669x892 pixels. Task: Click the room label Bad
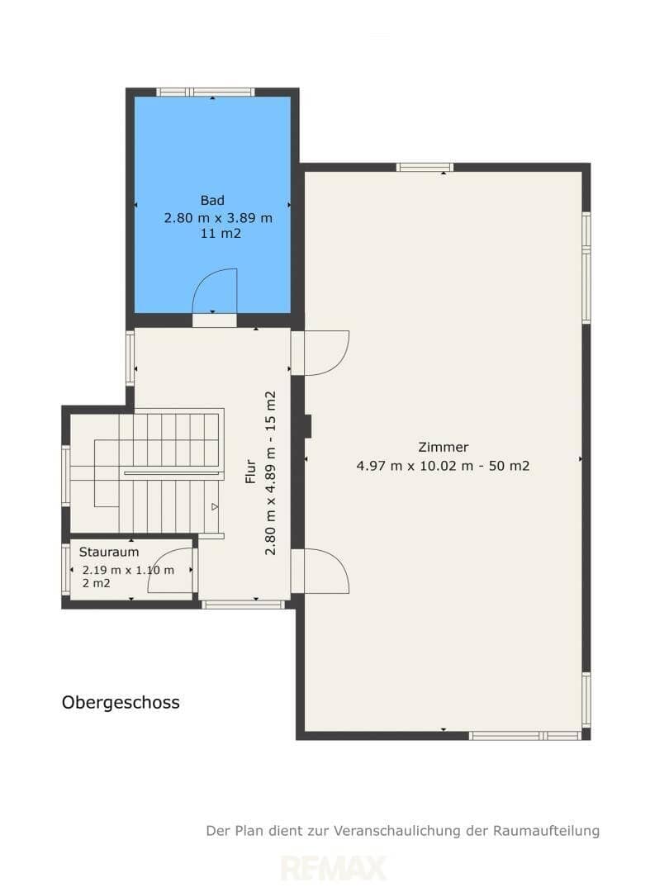tap(212, 200)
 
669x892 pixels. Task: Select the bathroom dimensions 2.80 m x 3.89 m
tap(218, 218)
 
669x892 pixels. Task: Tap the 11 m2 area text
tap(221, 233)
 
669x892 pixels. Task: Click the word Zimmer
tap(444, 447)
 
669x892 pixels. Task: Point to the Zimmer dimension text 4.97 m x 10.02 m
tap(415, 466)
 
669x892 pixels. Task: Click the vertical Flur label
tap(251, 472)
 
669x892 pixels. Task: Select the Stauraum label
tap(109, 552)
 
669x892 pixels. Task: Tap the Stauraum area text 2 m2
tap(96, 583)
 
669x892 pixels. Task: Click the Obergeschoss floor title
tap(121, 703)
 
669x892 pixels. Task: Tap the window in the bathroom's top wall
tap(206, 92)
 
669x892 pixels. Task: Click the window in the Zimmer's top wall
tap(425, 167)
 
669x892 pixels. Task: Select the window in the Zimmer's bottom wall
tap(526, 736)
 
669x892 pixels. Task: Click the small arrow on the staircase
tap(215, 506)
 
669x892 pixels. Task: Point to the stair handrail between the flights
tap(171, 472)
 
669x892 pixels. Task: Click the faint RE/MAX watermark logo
tap(334, 868)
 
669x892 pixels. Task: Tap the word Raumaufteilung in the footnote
tap(546, 831)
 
